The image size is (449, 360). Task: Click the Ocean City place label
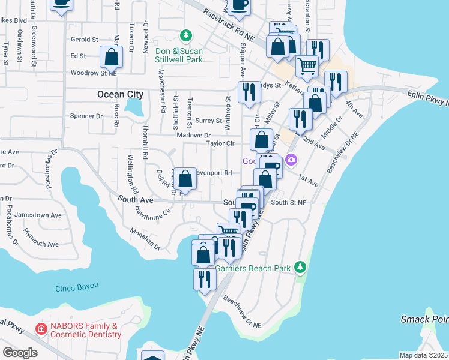(121, 94)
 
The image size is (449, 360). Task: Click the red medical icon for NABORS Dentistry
(41, 329)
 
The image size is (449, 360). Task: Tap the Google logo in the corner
(19, 353)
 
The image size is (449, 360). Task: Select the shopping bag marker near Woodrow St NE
(112, 58)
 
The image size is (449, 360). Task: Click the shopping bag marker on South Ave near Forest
(185, 179)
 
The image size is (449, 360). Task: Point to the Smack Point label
(424, 319)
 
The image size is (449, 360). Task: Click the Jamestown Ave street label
(38, 215)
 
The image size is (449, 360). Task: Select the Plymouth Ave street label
(40, 244)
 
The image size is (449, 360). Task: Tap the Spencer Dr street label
(87, 115)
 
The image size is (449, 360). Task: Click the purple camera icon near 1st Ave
(291, 160)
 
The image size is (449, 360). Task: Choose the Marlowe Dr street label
(193, 136)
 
